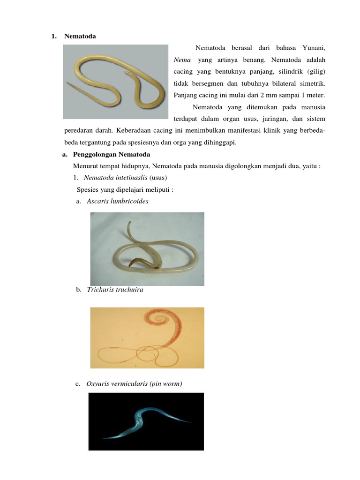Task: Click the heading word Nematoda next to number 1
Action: click(80, 37)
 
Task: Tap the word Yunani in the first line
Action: click(312, 48)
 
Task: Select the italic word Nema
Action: click(182, 60)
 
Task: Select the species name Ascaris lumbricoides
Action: click(118, 202)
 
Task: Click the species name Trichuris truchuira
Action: click(115, 290)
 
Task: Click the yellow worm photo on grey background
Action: click(115, 82)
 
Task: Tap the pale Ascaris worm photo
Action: click(147, 249)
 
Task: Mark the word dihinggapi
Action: click(220, 142)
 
